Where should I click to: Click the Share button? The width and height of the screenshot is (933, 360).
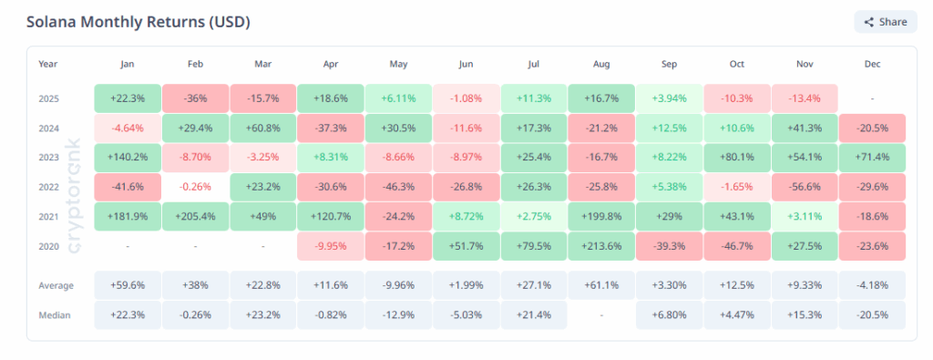click(885, 22)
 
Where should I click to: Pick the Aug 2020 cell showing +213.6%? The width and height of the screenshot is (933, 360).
click(600, 246)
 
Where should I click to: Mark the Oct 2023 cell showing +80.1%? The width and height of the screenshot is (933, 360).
click(736, 157)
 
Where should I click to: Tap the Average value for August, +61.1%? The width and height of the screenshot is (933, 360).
click(600, 285)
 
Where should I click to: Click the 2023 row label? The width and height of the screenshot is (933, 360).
click(48, 157)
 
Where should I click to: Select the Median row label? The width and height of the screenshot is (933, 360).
click(54, 314)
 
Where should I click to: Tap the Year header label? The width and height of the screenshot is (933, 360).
click(47, 64)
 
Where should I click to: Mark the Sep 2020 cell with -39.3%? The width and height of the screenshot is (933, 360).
click(668, 246)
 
